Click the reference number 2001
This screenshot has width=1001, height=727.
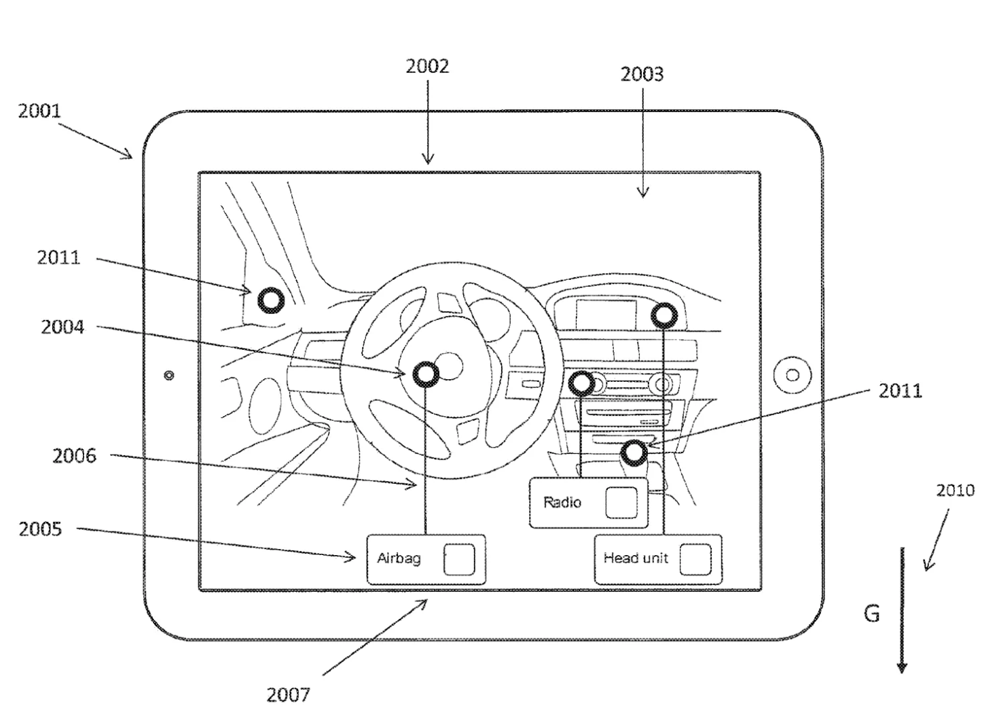click(39, 111)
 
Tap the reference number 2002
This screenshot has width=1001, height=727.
click(427, 66)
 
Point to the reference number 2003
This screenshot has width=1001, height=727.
click(642, 74)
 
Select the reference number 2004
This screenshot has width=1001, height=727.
click(62, 327)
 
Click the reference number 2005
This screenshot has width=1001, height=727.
click(40, 529)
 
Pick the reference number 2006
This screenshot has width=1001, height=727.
click(74, 456)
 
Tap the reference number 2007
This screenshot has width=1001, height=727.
click(288, 695)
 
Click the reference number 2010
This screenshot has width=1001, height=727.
click(955, 491)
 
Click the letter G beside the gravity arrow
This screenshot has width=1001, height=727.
click(872, 614)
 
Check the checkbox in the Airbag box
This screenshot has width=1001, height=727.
click(459, 559)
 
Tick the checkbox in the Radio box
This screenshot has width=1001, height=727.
click(621, 503)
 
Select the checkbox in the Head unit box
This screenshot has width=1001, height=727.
click(695, 559)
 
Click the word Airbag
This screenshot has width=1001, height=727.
click(399, 558)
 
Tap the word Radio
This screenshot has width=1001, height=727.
click(562, 503)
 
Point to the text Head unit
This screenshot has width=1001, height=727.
click(636, 558)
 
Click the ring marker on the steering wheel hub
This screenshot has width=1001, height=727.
click(425, 374)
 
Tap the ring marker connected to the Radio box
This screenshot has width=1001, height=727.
click(581, 383)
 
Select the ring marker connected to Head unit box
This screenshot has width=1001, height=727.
click(664, 315)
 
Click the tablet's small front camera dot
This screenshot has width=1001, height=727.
click(169, 375)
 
